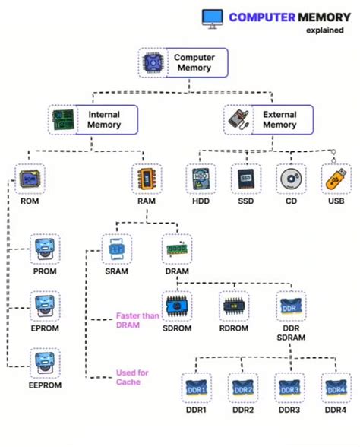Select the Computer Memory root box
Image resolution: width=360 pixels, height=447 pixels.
(x=184, y=63)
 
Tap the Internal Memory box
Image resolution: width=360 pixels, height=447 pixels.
(x=95, y=119)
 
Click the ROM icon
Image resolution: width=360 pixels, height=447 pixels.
(x=29, y=179)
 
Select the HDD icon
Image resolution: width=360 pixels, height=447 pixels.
(x=201, y=179)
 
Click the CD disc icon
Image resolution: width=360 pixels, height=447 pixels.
(x=291, y=179)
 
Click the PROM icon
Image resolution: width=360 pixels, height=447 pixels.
(x=43, y=249)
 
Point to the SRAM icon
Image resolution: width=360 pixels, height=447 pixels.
(x=117, y=249)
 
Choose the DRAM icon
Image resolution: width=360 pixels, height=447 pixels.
(x=176, y=249)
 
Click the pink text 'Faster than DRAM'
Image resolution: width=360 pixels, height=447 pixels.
(x=137, y=319)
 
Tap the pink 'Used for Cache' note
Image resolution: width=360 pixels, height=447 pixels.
(x=133, y=377)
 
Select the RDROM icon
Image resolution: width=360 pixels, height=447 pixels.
(x=232, y=306)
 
